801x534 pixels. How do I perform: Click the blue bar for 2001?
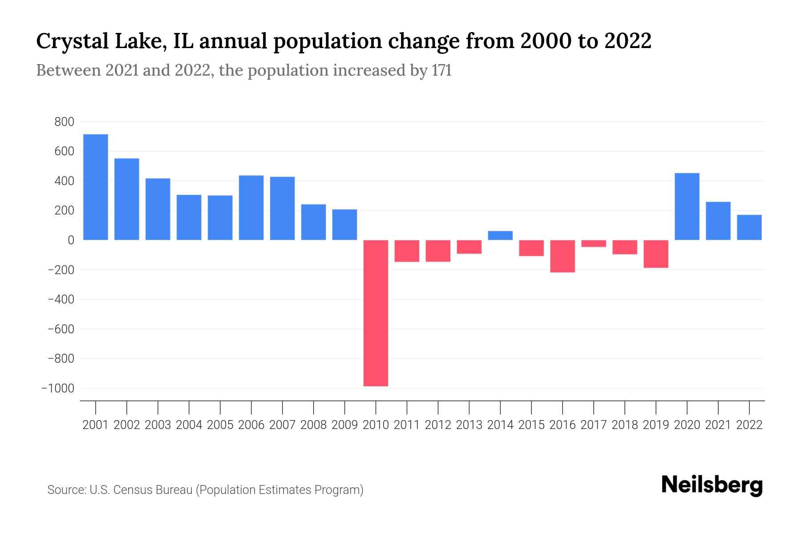[96, 187]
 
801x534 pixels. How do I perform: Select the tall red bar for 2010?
[376, 313]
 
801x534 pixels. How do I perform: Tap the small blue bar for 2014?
[500, 235]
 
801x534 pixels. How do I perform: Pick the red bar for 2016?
[562, 256]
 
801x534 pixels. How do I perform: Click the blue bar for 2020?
[687, 206]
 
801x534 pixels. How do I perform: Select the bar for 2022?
[749, 227]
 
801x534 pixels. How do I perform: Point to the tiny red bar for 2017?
[594, 243]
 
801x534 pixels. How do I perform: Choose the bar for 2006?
[251, 208]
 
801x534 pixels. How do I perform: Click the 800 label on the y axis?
[64, 122]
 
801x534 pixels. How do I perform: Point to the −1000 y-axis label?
[58, 388]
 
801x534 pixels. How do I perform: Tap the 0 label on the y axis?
[71, 240]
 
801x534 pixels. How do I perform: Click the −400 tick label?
[61, 299]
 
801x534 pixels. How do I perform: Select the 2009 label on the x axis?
[344, 425]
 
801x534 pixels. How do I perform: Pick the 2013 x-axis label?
[469, 425]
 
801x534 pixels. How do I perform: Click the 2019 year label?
[656, 425]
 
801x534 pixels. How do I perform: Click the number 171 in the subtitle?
[441, 70]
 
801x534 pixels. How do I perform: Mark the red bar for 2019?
[656, 254]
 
